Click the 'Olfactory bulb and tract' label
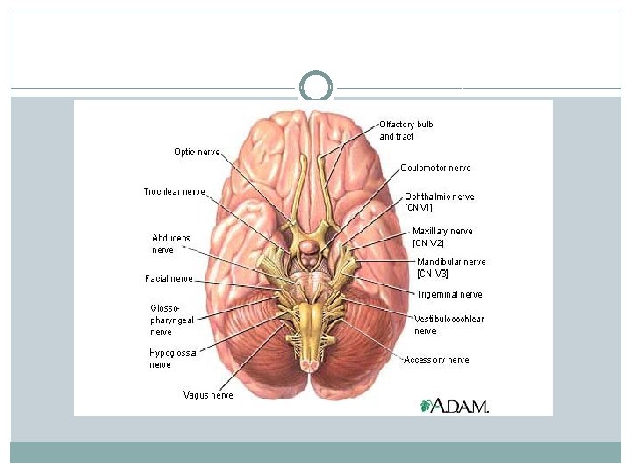[406, 131]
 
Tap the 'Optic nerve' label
[197, 152]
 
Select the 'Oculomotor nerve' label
[435, 168]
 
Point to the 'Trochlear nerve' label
[174, 191]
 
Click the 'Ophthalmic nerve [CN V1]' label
[439, 202]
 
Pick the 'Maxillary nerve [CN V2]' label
[442, 237]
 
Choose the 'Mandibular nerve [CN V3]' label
[450, 267]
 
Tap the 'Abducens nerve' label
[170, 244]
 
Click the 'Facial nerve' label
[169, 278]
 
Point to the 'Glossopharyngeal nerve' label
[172, 320]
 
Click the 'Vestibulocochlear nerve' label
[449, 325]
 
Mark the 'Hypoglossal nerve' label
[173, 358]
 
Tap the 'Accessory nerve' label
[436, 359]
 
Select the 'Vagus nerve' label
[208, 395]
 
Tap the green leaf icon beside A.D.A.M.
[427, 406]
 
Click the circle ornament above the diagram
[316, 88]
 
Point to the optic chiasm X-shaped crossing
[308, 230]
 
